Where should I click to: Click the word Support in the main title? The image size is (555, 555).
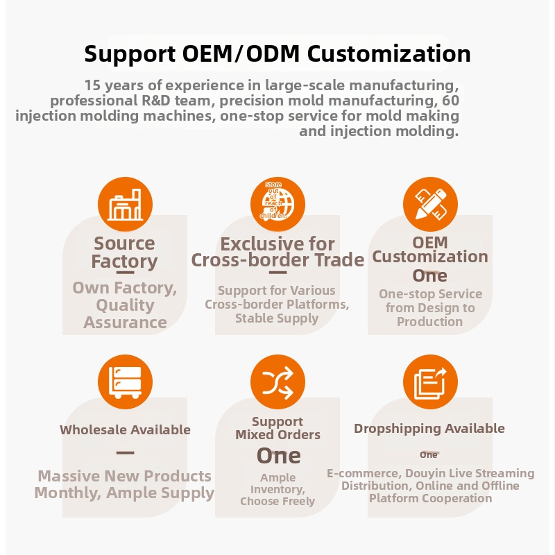(130, 54)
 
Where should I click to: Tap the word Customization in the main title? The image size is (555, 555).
(389, 53)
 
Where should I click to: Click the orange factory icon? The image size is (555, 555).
(126, 204)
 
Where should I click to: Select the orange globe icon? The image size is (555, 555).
(278, 204)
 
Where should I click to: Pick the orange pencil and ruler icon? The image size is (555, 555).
(430, 204)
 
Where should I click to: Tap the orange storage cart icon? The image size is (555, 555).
(126, 382)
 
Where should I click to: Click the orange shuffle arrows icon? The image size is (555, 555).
(278, 382)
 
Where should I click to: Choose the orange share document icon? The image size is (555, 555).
(430, 382)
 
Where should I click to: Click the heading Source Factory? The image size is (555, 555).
(124, 253)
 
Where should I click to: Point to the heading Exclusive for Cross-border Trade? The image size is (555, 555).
(278, 252)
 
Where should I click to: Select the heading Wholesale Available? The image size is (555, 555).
(126, 429)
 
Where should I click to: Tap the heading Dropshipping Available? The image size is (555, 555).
(429, 429)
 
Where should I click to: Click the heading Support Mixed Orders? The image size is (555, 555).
(278, 428)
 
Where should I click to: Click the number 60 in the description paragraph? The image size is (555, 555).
(450, 101)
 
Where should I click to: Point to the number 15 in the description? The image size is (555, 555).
(92, 85)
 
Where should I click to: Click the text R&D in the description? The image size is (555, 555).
(155, 101)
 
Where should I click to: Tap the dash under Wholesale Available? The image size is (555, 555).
(126, 453)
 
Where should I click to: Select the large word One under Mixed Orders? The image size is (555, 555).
(279, 456)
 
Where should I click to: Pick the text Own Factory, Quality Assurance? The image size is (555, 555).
(125, 305)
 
